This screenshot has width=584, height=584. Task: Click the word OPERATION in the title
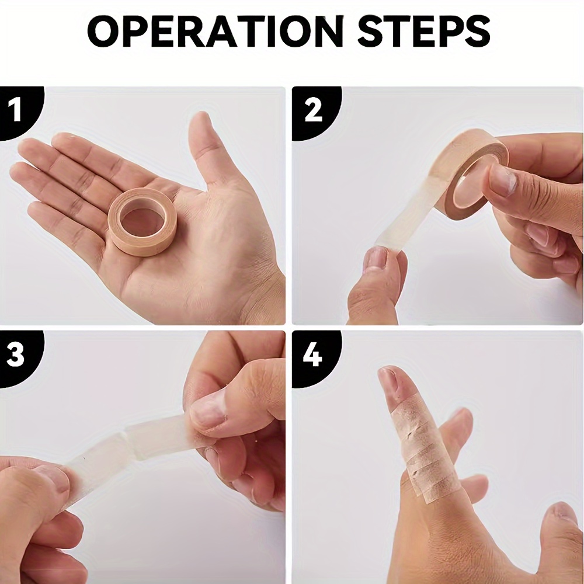click(x=215, y=32)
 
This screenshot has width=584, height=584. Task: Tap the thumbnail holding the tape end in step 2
click(x=377, y=258)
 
